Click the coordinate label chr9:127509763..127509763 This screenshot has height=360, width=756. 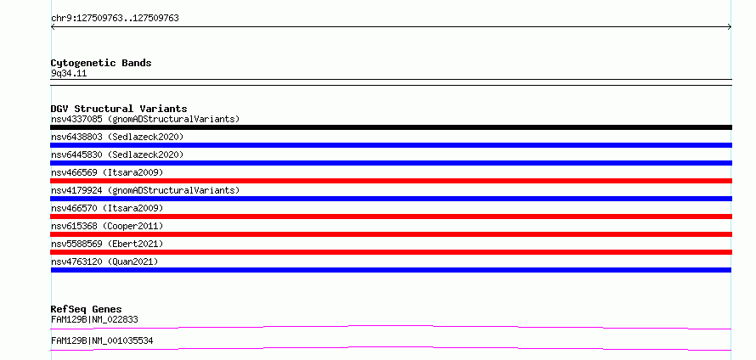click(115, 19)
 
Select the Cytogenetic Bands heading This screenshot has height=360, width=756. click(101, 63)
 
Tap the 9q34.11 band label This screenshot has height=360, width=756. click(69, 74)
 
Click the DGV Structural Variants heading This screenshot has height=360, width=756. click(119, 109)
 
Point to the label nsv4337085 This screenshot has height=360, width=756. click(76, 119)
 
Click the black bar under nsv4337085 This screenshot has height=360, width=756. click(391, 127)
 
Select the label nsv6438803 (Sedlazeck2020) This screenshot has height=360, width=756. click(117, 137)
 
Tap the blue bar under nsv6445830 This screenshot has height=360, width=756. click(391, 163)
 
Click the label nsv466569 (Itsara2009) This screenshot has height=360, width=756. click(107, 172)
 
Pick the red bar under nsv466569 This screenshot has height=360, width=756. click(391, 181)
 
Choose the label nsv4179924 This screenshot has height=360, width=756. click(76, 190)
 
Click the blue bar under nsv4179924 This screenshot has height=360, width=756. click(391, 199)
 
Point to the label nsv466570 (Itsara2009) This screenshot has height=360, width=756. click(107, 208)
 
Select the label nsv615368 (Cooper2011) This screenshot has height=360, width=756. click(107, 226)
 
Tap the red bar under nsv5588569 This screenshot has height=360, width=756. click(391, 252)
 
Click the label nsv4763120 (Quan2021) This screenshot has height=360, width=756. click(104, 262)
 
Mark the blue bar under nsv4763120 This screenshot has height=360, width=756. click(391, 270)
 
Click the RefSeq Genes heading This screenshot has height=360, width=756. click(87, 309)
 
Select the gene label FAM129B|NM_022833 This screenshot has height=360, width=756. click(94, 319)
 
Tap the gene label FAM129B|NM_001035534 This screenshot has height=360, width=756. click(102, 340)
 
